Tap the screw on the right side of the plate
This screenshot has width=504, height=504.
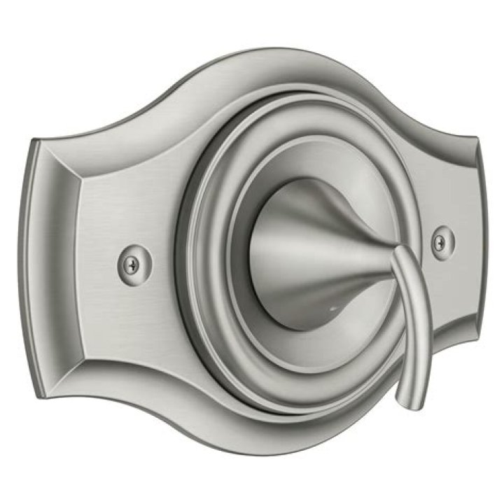point(439,242)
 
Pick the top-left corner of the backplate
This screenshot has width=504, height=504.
point(38,140)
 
